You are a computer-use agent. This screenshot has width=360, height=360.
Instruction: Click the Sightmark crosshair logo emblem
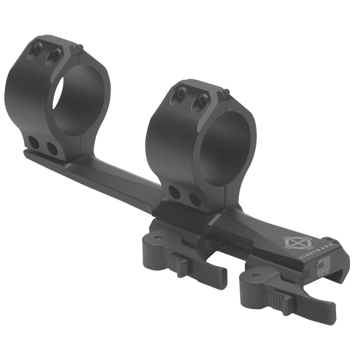click(x=293, y=243)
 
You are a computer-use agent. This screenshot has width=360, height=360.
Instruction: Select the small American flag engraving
click(x=322, y=269)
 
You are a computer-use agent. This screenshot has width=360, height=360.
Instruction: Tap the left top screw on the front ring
click(x=181, y=94)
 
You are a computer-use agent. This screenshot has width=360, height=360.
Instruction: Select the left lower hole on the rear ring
click(x=34, y=142)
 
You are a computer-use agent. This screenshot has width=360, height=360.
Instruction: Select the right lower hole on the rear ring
click(x=52, y=148)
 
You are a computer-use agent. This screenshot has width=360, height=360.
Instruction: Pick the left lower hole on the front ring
click(x=175, y=192)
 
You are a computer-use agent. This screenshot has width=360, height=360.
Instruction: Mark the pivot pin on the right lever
click(x=258, y=272)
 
